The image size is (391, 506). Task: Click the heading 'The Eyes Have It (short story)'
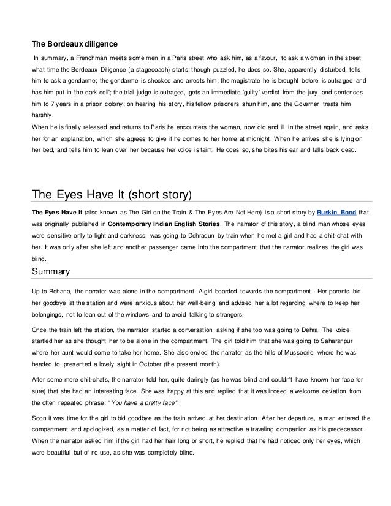pyautogui.click(x=112, y=195)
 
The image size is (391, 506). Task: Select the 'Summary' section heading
pyautogui.click(x=53, y=271)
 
